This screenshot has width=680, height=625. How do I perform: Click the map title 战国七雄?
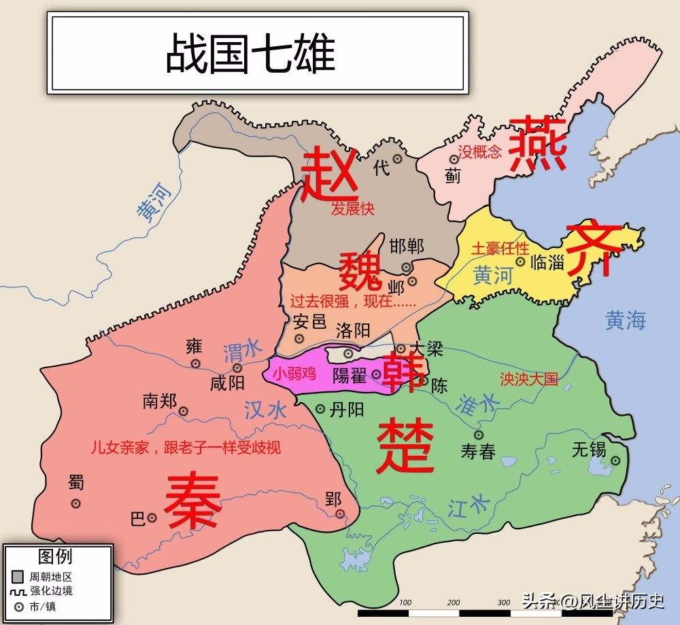click(251, 55)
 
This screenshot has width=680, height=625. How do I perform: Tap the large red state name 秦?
click(192, 502)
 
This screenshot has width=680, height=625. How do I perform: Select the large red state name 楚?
click(405, 445)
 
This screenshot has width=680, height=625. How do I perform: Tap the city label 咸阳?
click(227, 383)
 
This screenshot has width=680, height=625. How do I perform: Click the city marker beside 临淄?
click(520, 261)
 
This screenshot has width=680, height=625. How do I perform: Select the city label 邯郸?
click(407, 246)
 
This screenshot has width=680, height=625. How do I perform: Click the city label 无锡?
click(588, 449)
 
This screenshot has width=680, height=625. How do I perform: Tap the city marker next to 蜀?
click(76, 503)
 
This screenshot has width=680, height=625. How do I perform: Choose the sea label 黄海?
click(626, 320)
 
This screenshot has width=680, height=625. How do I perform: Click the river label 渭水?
click(242, 351)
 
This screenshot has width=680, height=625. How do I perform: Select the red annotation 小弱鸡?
click(294, 373)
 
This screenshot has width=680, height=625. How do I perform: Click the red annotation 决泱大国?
click(528, 378)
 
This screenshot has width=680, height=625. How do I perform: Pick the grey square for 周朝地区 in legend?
click(18, 577)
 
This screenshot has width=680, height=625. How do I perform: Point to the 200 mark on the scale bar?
click(454, 602)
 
